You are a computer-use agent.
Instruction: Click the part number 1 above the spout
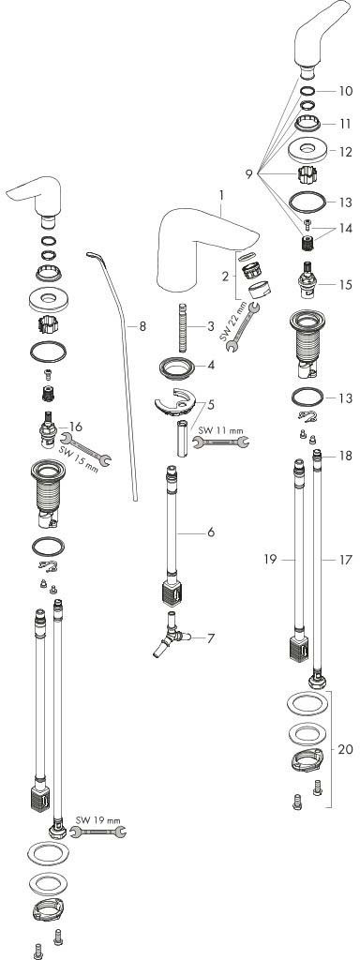click(x=221, y=195)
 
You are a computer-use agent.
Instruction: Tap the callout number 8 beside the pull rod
click(x=142, y=326)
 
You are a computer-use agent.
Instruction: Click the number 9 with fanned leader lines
click(x=249, y=174)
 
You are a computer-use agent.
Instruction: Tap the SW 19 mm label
click(x=98, y=819)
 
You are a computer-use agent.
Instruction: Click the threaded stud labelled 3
click(x=182, y=327)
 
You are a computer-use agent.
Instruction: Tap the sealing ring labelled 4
click(x=177, y=369)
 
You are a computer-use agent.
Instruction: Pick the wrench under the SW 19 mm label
click(x=98, y=832)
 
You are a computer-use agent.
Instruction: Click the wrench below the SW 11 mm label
click(x=221, y=442)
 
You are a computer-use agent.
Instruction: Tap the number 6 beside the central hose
click(x=211, y=532)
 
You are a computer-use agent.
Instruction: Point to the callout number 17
click(x=347, y=559)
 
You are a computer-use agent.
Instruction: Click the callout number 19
click(x=271, y=559)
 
